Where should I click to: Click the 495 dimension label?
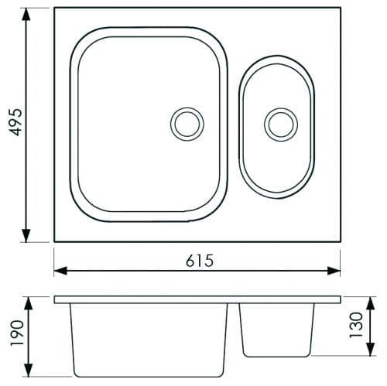tap(15, 122)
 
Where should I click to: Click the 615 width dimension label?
tap(200, 261)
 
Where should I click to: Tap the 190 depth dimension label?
tap(17, 333)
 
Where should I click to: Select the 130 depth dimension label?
tap(356, 325)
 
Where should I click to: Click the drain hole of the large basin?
tap(187, 125)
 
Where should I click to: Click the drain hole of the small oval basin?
tap(281, 125)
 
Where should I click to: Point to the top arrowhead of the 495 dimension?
tap(26, 14)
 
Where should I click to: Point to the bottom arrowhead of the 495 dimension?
tap(26, 236)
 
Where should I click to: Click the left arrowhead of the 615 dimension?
tap(60, 271)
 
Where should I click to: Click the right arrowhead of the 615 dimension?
tap(334, 271)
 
